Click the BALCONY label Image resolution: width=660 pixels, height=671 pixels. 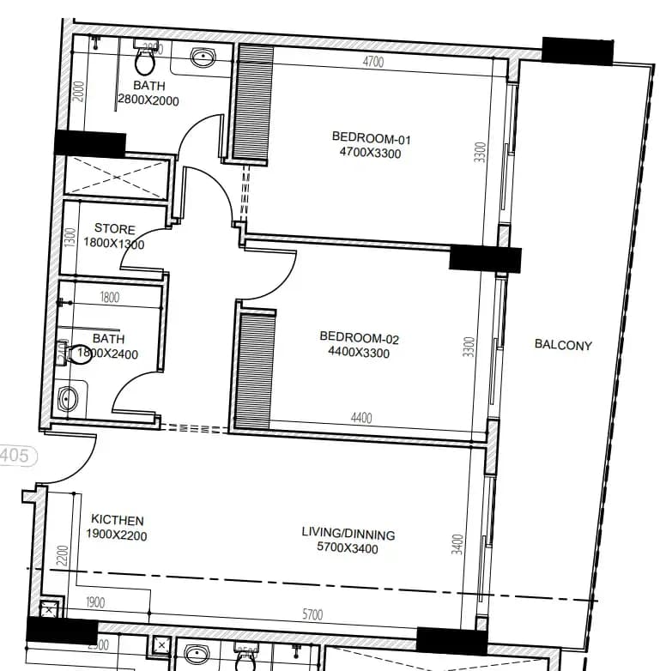pyautogui.click(x=563, y=345)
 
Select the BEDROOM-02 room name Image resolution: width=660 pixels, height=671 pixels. pyautogui.click(x=359, y=338)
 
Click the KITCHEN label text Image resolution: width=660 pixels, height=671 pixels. pyautogui.click(x=118, y=520)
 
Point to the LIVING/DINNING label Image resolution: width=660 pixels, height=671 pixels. pyautogui.click(x=348, y=534)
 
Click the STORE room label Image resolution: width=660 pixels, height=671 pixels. pyautogui.click(x=114, y=229)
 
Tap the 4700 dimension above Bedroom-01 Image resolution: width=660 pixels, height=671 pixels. pyautogui.click(x=372, y=62)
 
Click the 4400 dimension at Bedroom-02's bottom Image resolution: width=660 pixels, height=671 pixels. pyautogui.click(x=361, y=418)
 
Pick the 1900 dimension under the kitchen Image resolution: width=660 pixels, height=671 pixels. pyautogui.click(x=95, y=603)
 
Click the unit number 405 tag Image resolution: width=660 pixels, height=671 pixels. pyautogui.click(x=15, y=455)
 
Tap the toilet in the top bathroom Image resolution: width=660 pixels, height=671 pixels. pyautogui.click(x=145, y=60)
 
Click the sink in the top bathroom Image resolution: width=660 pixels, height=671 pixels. pyautogui.click(x=203, y=58)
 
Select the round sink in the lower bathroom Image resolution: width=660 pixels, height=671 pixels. pyautogui.click(x=69, y=399)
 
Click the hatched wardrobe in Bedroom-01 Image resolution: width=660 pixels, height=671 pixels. pyautogui.click(x=254, y=101)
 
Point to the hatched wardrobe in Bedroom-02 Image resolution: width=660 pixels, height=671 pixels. pyautogui.click(x=255, y=370)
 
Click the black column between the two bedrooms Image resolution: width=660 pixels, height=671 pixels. pyautogui.click(x=485, y=258)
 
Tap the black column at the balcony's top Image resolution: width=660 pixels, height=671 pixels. pyautogui.click(x=578, y=51)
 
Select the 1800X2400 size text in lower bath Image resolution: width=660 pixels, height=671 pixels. pyautogui.click(x=108, y=354)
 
